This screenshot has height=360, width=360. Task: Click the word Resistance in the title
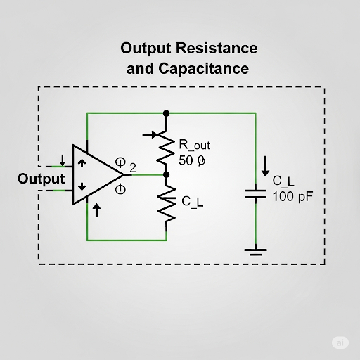pyautogui.click(x=218, y=49)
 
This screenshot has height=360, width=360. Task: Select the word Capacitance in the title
pyautogui.click(x=207, y=69)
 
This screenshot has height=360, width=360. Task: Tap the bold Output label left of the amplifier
pyautogui.click(x=41, y=179)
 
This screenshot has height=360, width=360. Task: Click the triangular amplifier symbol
pyautogui.click(x=94, y=176)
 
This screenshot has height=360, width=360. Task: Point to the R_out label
pyautogui.click(x=195, y=146)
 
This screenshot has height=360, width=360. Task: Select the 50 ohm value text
pyautogui.click(x=192, y=161)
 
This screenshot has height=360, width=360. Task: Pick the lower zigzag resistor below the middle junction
pyautogui.click(x=167, y=203)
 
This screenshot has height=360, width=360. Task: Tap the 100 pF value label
pyautogui.click(x=292, y=196)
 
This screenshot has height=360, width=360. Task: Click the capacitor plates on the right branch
pyautogui.click(x=255, y=193)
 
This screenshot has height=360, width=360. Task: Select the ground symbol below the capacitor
pyautogui.click(x=255, y=250)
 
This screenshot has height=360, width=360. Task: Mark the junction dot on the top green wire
pyautogui.click(x=167, y=112)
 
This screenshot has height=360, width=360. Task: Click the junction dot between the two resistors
pyautogui.click(x=167, y=174)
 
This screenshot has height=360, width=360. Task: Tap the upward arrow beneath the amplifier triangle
pyautogui.click(x=96, y=210)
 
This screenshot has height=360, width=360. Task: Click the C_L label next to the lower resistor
pyautogui.click(x=192, y=202)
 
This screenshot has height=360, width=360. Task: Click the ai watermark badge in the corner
pyautogui.click(x=341, y=342)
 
